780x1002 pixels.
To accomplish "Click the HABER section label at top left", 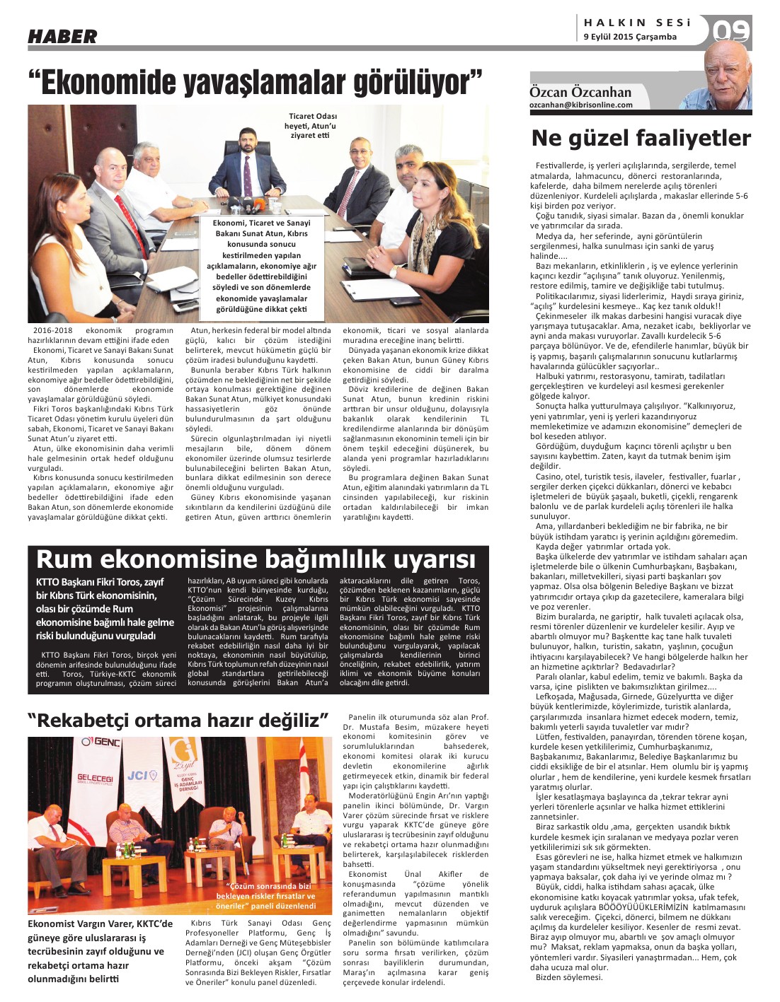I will pos(62,36).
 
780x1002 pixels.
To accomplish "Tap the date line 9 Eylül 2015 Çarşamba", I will pos(630,37).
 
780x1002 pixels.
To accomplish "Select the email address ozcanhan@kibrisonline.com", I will pos(581,105).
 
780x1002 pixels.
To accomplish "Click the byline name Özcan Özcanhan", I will pos(580,92).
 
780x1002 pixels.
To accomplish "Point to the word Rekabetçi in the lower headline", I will pos(92,721).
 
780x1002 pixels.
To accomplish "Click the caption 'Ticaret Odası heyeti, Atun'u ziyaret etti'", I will pos(312,126).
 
